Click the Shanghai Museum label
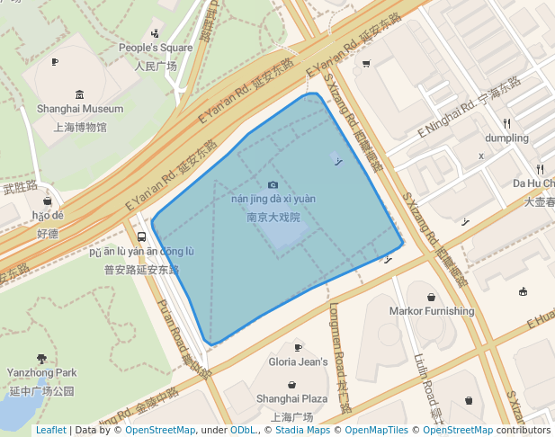click(80, 109)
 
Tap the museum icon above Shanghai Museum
click(80, 94)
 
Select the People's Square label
click(156, 48)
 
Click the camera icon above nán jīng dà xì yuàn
click(273, 185)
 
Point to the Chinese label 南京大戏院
click(273, 218)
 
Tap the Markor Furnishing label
click(432, 311)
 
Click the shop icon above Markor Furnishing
click(432, 297)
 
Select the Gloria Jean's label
click(299, 361)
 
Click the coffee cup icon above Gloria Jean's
click(299, 348)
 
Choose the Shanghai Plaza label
click(291, 398)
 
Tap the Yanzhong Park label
click(42, 372)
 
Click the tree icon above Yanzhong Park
click(42, 358)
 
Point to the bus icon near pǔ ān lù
click(140, 237)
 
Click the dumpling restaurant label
click(506, 138)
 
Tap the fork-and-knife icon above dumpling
click(507, 123)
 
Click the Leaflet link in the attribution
click(51, 430)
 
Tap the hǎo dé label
click(48, 216)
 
